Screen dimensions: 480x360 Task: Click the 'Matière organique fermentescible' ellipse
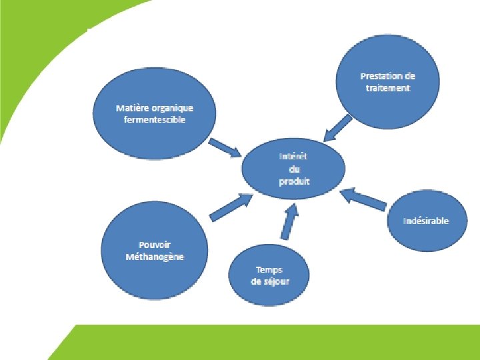(x=155, y=113)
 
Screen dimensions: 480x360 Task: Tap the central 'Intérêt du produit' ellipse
(x=294, y=169)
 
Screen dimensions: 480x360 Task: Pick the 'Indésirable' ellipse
(x=426, y=221)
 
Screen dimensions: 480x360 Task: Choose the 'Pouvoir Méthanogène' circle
(x=155, y=251)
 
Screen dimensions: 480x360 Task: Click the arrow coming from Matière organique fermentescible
(x=227, y=148)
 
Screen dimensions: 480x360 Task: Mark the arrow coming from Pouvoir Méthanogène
(x=230, y=207)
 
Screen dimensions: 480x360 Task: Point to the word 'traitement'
(x=388, y=87)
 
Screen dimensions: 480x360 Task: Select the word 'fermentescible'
(x=155, y=119)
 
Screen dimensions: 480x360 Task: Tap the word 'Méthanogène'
(x=155, y=257)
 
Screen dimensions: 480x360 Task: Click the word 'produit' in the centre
(x=295, y=181)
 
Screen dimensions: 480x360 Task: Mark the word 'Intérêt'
(x=294, y=157)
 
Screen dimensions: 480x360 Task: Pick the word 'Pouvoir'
(x=155, y=245)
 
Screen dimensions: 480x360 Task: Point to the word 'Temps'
(x=269, y=269)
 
